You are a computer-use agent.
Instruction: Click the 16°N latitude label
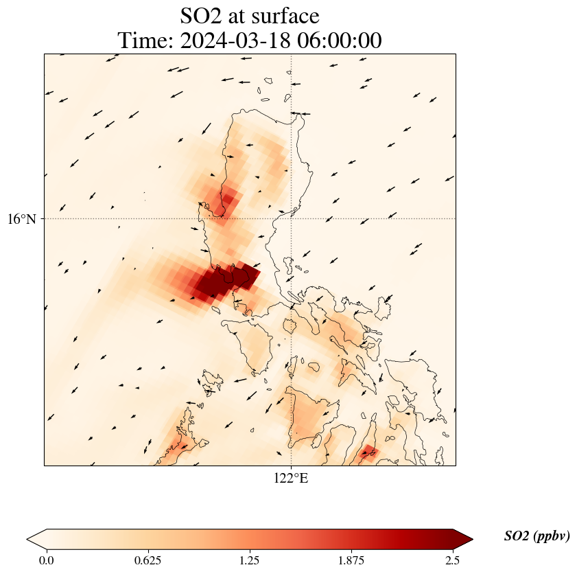(x=25, y=219)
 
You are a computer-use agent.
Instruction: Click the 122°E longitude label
(x=291, y=479)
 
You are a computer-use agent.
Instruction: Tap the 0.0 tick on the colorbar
(x=47, y=560)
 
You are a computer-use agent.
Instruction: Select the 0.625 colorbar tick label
(x=148, y=560)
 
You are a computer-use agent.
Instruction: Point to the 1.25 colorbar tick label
(x=250, y=560)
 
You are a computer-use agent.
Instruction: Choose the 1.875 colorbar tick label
(x=351, y=560)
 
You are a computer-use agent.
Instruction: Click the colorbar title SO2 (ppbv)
(x=537, y=536)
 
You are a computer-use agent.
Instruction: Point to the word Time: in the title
(x=146, y=41)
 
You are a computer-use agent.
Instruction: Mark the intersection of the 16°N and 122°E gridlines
(x=292, y=219)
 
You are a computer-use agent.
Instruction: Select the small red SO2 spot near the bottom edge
(x=368, y=452)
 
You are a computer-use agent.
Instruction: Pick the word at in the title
(x=244, y=15)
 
